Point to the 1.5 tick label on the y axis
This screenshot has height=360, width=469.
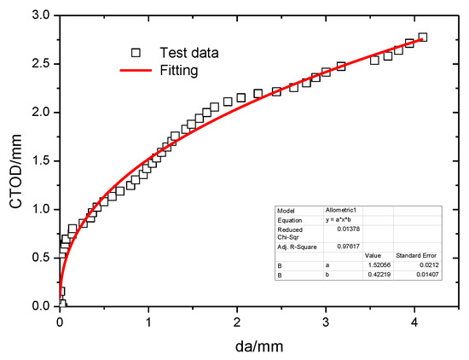point(39,161)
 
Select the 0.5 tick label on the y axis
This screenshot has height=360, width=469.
point(39,258)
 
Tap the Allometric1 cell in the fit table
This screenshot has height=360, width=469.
point(339,209)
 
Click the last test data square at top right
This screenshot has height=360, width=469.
point(423,38)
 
